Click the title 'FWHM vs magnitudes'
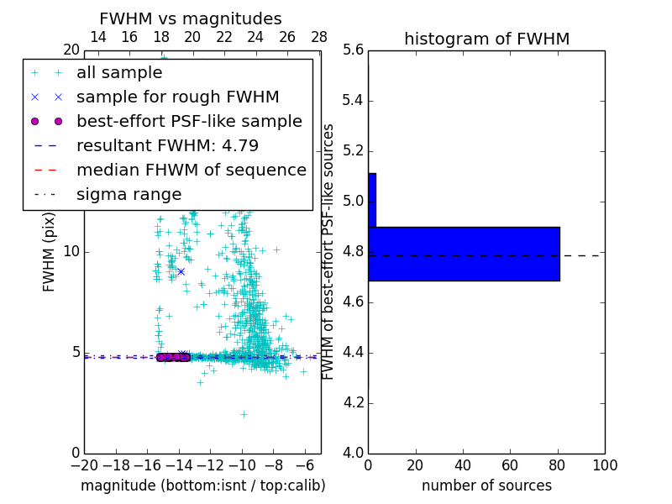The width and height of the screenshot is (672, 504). pyautogui.click(x=191, y=18)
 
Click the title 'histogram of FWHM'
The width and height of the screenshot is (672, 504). pyautogui.click(x=486, y=39)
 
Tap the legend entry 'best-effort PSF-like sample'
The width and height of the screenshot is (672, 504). pyautogui.click(x=189, y=122)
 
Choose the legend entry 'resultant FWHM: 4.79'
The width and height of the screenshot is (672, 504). pyautogui.click(x=167, y=146)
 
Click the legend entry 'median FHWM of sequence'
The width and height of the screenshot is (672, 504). pyautogui.click(x=191, y=171)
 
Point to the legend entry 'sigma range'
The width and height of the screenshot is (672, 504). pyautogui.click(x=129, y=195)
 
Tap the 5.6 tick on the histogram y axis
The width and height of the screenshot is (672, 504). pyautogui.click(x=354, y=50)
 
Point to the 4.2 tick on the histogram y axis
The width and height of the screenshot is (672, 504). pyautogui.click(x=354, y=402)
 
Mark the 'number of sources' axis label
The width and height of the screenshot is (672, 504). pyautogui.click(x=486, y=486)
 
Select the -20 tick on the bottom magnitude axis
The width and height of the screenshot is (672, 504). pyautogui.click(x=84, y=465)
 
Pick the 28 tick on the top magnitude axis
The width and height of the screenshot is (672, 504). pyautogui.click(x=319, y=37)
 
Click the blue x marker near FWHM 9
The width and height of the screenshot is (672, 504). pyautogui.click(x=181, y=271)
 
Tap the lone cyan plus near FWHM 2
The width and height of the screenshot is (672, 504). pyautogui.click(x=244, y=413)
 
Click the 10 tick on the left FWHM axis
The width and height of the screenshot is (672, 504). pyautogui.click(x=71, y=252)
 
